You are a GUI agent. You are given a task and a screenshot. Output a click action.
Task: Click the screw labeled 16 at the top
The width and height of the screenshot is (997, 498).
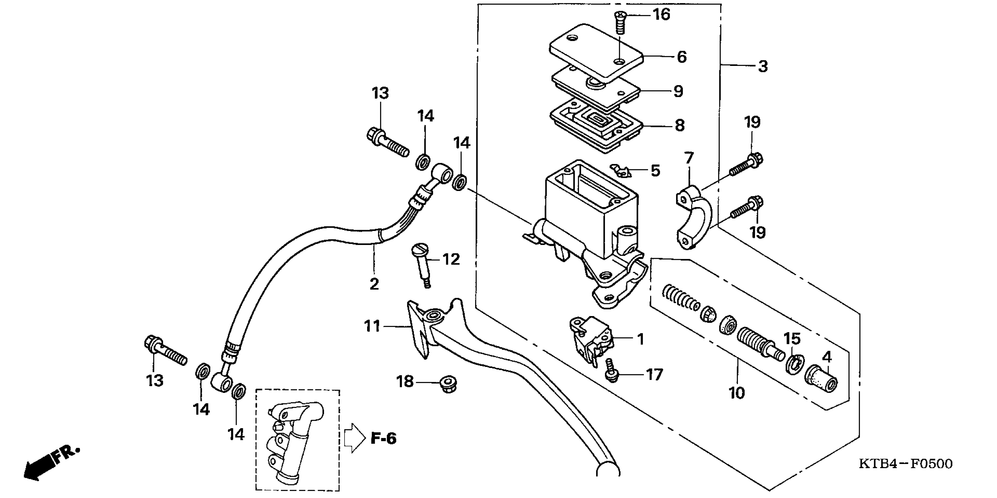tap(620, 23)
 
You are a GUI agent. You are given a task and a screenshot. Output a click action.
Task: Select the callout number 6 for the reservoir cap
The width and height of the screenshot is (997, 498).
tap(681, 57)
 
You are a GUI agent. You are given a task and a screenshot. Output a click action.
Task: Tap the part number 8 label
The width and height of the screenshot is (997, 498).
tap(680, 125)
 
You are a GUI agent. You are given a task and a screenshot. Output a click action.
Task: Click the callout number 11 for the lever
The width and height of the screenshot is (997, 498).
tap(372, 326)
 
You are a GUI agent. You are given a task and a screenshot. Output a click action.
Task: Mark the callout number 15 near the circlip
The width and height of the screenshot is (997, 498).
tap(792, 339)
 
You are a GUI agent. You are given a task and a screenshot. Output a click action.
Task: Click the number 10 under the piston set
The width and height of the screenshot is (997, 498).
tap(737, 393)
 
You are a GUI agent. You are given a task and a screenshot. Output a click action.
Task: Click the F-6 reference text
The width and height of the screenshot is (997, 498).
tap(384, 439)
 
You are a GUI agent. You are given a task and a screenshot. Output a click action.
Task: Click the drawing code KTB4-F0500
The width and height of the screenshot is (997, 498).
tap(906, 463)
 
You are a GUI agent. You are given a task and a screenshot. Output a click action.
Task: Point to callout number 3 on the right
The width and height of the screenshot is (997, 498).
tap(762, 66)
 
